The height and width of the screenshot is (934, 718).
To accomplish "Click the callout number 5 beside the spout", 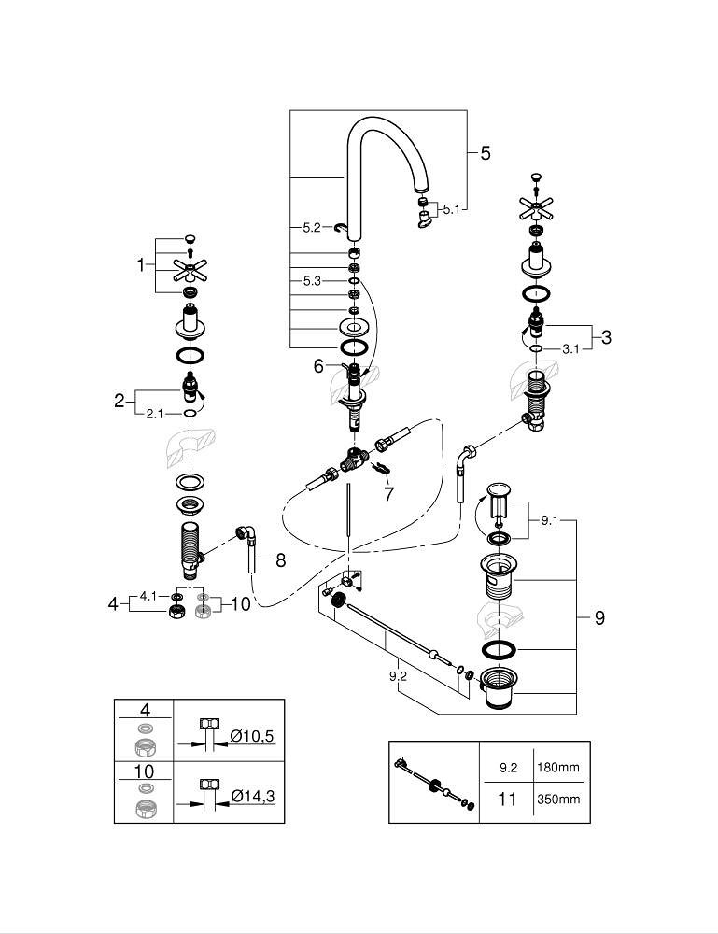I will click(x=485, y=153).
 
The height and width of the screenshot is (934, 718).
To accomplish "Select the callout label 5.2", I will click(x=312, y=227).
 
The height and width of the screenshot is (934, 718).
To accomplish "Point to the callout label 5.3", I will click(x=312, y=280).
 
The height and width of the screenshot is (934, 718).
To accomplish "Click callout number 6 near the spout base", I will click(x=318, y=367).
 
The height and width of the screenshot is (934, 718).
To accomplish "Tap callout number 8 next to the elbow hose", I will click(x=280, y=560).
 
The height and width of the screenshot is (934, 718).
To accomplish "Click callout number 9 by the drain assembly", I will click(x=599, y=617).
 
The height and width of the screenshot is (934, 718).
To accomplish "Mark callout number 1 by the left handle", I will click(x=141, y=264).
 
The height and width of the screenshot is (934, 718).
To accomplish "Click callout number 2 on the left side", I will click(x=120, y=401).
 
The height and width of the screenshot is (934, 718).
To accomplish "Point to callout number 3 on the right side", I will click(x=606, y=336).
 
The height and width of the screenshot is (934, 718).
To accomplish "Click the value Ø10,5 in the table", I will click(x=251, y=737).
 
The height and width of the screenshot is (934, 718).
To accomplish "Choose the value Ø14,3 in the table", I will click(x=251, y=796).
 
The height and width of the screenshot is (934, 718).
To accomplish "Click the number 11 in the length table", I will click(x=507, y=800).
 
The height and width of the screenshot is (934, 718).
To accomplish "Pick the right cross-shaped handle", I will click(x=535, y=207).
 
